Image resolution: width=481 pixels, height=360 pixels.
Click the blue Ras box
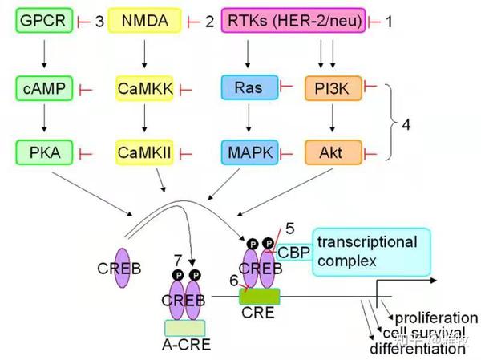click(249, 87)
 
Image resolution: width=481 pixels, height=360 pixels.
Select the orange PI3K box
click(331, 87)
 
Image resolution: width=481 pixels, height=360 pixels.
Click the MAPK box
click(249, 150)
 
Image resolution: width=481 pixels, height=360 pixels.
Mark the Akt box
click(331, 150)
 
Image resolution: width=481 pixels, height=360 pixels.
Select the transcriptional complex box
click(371, 251)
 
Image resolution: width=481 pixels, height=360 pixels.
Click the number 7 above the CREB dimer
click(177, 260)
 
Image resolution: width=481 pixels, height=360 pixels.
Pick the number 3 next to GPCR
click(100, 22)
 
